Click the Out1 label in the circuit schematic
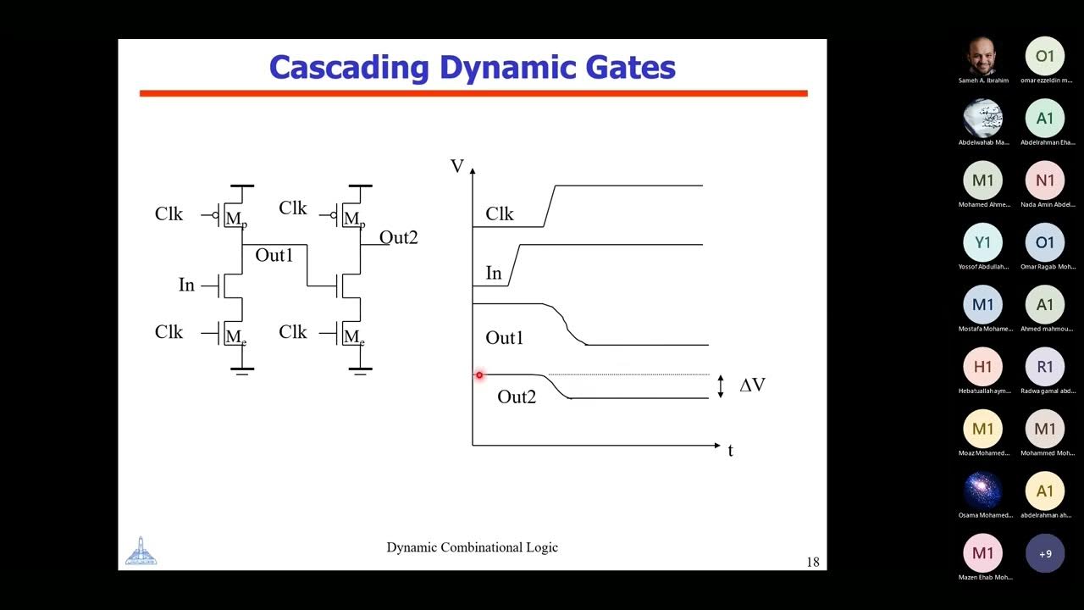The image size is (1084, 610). tap(274, 255)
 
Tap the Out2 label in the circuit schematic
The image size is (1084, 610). tap(398, 238)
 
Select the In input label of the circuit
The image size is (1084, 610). tap(186, 286)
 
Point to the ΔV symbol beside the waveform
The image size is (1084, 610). tap(752, 385)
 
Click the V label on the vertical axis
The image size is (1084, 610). tap(457, 166)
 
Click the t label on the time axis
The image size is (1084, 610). tap(730, 451)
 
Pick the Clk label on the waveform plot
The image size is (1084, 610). tap(500, 214)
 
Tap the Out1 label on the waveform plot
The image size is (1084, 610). tap(504, 338)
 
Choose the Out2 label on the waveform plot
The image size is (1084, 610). tap(517, 396)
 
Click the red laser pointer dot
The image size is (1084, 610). tap(479, 374)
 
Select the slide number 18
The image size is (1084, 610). tap(813, 562)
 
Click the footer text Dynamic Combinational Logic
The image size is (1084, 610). tap(472, 547)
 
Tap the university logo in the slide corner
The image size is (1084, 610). tap(141, 552)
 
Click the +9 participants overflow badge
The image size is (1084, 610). tap(1045, 553)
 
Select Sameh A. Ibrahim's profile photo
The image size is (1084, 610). tap(983, 57)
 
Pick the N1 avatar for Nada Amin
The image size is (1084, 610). tap(1045, 180)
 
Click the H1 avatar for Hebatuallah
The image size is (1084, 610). tap(983, 367)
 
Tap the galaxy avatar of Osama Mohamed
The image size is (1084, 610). tap(983, 491)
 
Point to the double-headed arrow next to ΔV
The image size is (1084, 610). tap(721, 386)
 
